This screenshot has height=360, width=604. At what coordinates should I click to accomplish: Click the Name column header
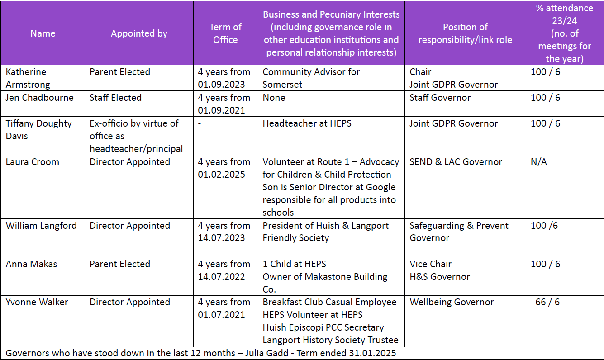(x=43, y=33)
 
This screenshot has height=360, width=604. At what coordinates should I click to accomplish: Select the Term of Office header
(x=225, y=33)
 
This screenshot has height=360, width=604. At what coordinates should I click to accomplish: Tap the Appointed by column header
(x=139, y=33)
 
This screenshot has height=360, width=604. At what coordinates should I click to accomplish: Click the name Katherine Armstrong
(x=28, y=78)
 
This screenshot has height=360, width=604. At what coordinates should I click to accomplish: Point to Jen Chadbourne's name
(x=39, y=98)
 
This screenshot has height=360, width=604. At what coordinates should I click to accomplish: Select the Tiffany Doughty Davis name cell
(x=38, y=129)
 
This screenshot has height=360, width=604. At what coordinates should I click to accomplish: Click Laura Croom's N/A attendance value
(x=538, y=162)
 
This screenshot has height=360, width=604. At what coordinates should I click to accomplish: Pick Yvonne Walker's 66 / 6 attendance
(x=547, y=302)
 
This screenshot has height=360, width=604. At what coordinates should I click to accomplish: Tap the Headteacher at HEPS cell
(x=307, y=123)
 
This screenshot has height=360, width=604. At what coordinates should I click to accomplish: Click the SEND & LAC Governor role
(x=456, y=162)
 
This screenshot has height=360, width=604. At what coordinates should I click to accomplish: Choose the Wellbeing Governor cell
(x=452, y=302)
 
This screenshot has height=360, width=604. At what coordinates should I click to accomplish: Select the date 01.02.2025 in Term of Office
(x=221, y=175)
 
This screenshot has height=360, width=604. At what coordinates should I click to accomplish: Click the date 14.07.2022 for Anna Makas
(x=221, y=277)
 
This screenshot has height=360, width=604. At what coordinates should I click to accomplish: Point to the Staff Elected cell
(x=115, y=98)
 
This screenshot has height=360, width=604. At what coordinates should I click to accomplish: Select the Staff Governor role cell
(x=441, y=98)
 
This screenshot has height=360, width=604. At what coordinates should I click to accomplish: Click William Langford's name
(x=41, y=226)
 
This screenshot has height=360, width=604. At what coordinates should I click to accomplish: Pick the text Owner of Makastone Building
(x=325, y=277)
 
